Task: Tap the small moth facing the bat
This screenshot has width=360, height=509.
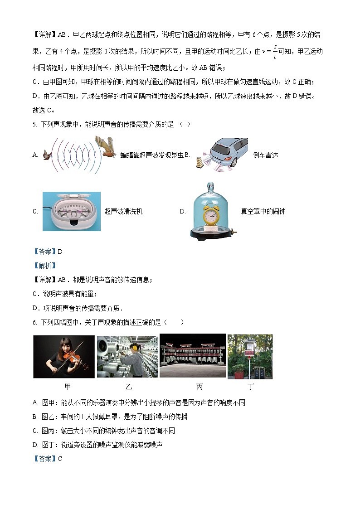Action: pyautogui.click(x=46, y=155)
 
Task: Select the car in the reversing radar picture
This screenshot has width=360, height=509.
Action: pyautogui.click(x=229, y=152)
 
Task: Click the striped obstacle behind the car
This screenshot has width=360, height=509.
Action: pyautogui.click(x=199, y=162)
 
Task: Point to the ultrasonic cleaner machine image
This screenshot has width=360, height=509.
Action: pyautogui.click(x=71, y=211)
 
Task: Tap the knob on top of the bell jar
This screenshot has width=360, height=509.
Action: pyautogui.click(x=210, y=186)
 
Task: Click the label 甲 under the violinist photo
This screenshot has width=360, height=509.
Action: pyautogui.click(x=68, y=387)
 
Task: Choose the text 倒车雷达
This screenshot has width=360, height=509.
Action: pyautogui.click(x=265, y=155)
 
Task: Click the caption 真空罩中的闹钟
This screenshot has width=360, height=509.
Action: pyautogui.click(x=263, y=211)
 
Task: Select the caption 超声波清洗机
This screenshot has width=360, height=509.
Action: pyautogui.click(x=123, y=211)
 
